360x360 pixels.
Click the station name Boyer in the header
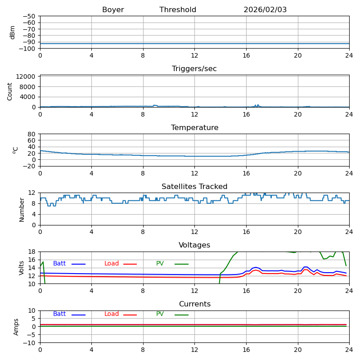click(113, 10)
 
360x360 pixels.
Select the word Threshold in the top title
click(178, 10)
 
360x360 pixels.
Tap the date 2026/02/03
click(265, 10)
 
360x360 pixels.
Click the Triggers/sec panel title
click(194, 69)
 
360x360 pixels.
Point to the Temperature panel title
click(194, 128)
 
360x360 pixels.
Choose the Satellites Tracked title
click(194, 187)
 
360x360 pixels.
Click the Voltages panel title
click(194, 245)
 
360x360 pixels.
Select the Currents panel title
click(194, 304)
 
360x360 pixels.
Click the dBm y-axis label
click(13, 32)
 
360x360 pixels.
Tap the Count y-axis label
click(10, 91)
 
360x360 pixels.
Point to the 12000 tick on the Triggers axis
click(26, 76)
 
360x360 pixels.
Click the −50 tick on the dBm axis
click(29, 16)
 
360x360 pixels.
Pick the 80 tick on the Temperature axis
click(32, 134)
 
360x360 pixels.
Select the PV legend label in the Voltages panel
click(160, 264)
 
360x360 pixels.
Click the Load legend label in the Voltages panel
click(112, 264)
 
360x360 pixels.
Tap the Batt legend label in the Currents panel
click(59, 314)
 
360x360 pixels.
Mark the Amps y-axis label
click(16, 327)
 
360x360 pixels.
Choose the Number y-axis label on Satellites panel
click(22, 209)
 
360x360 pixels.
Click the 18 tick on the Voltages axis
click(32, 252)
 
